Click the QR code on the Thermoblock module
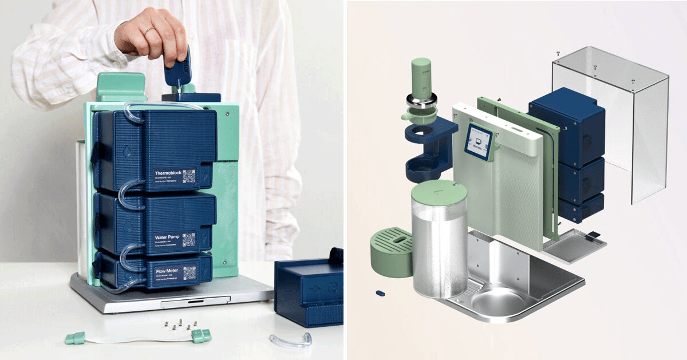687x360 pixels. tap(189, 176)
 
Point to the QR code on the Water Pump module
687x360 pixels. tap(188, 239)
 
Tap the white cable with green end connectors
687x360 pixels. tap(137, 338)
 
